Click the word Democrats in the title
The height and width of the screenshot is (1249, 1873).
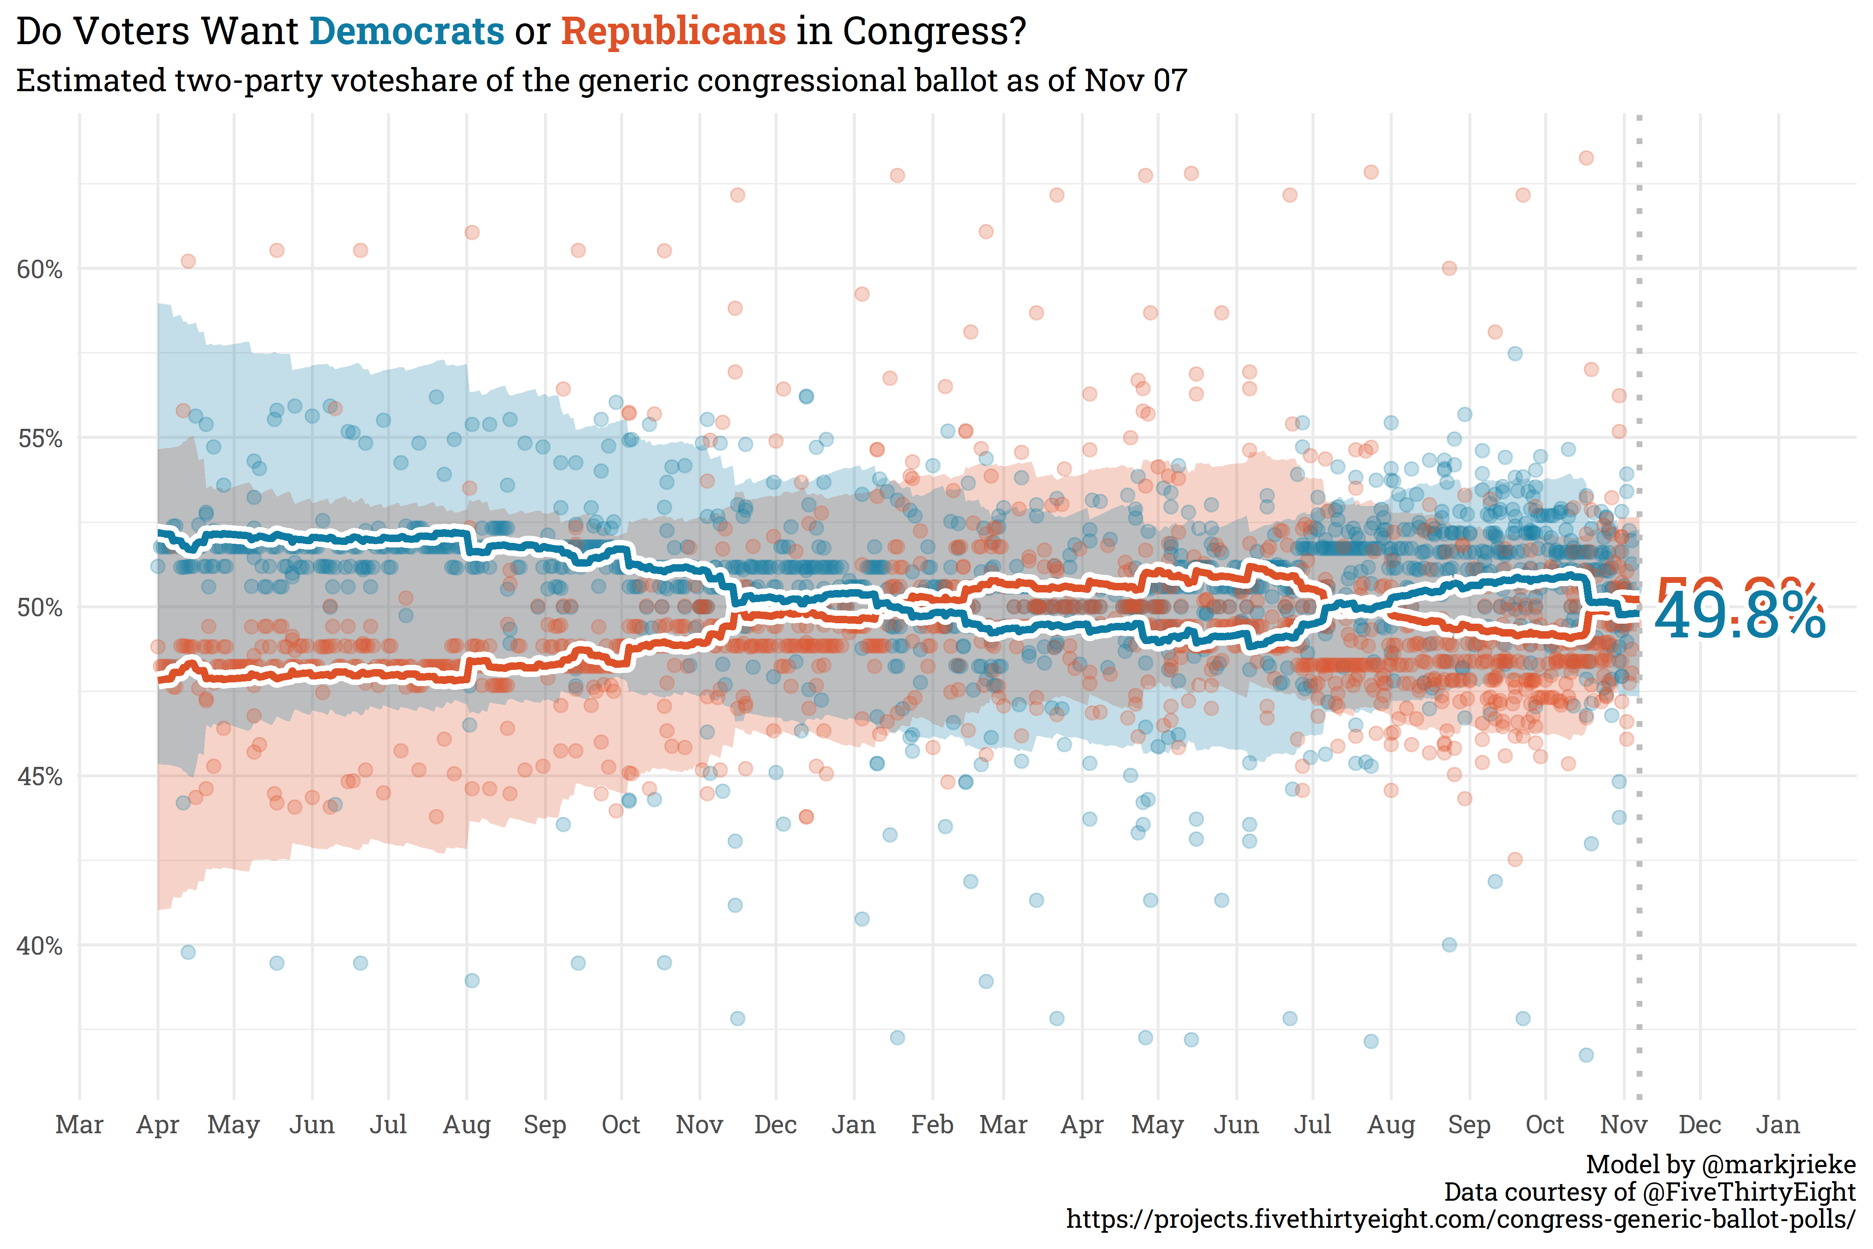406,32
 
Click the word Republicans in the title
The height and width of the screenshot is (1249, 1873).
673,32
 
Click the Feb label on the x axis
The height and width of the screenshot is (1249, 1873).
932,1125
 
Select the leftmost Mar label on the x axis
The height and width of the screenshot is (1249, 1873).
79,1125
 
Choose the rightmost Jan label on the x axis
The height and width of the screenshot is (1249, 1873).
1777,1125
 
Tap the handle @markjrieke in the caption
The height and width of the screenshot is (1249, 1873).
1777,1164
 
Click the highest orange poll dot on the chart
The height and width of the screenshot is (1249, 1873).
1586,158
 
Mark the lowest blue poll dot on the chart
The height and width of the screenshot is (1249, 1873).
1586,1055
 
